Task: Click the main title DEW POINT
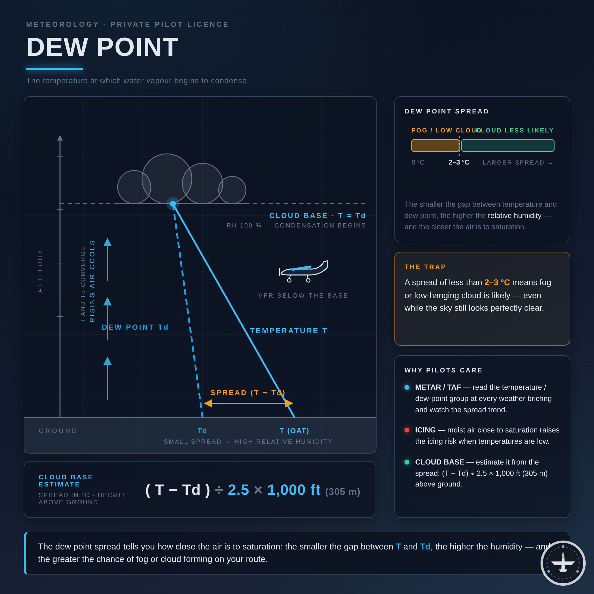[x=102, y=47]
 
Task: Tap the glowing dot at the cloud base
[x=173, y=204]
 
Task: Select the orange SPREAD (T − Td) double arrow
[x=248, y=403]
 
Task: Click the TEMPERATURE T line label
[x=289, y=331]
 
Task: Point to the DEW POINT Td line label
[x=135, y=327]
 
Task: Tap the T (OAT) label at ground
[x=295, y=431]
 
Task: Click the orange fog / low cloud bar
[x=435, y=146]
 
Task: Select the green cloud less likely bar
[x=508, y=146]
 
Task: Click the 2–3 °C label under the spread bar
[x=459, y=162]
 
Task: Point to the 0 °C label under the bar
[x=418, y=162]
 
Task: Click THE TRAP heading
[x=425, y=267]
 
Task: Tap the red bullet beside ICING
[x=407, y=430]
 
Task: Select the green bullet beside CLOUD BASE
[x=407, y=462]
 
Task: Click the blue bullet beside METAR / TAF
[x=407, y=387]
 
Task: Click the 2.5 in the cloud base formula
[x=238, y=490]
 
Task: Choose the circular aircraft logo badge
[x=563, y=563]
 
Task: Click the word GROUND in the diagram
[x=58, y=431]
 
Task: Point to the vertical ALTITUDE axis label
[x=40, y=271]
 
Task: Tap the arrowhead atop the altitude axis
[x=60, y=138]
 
